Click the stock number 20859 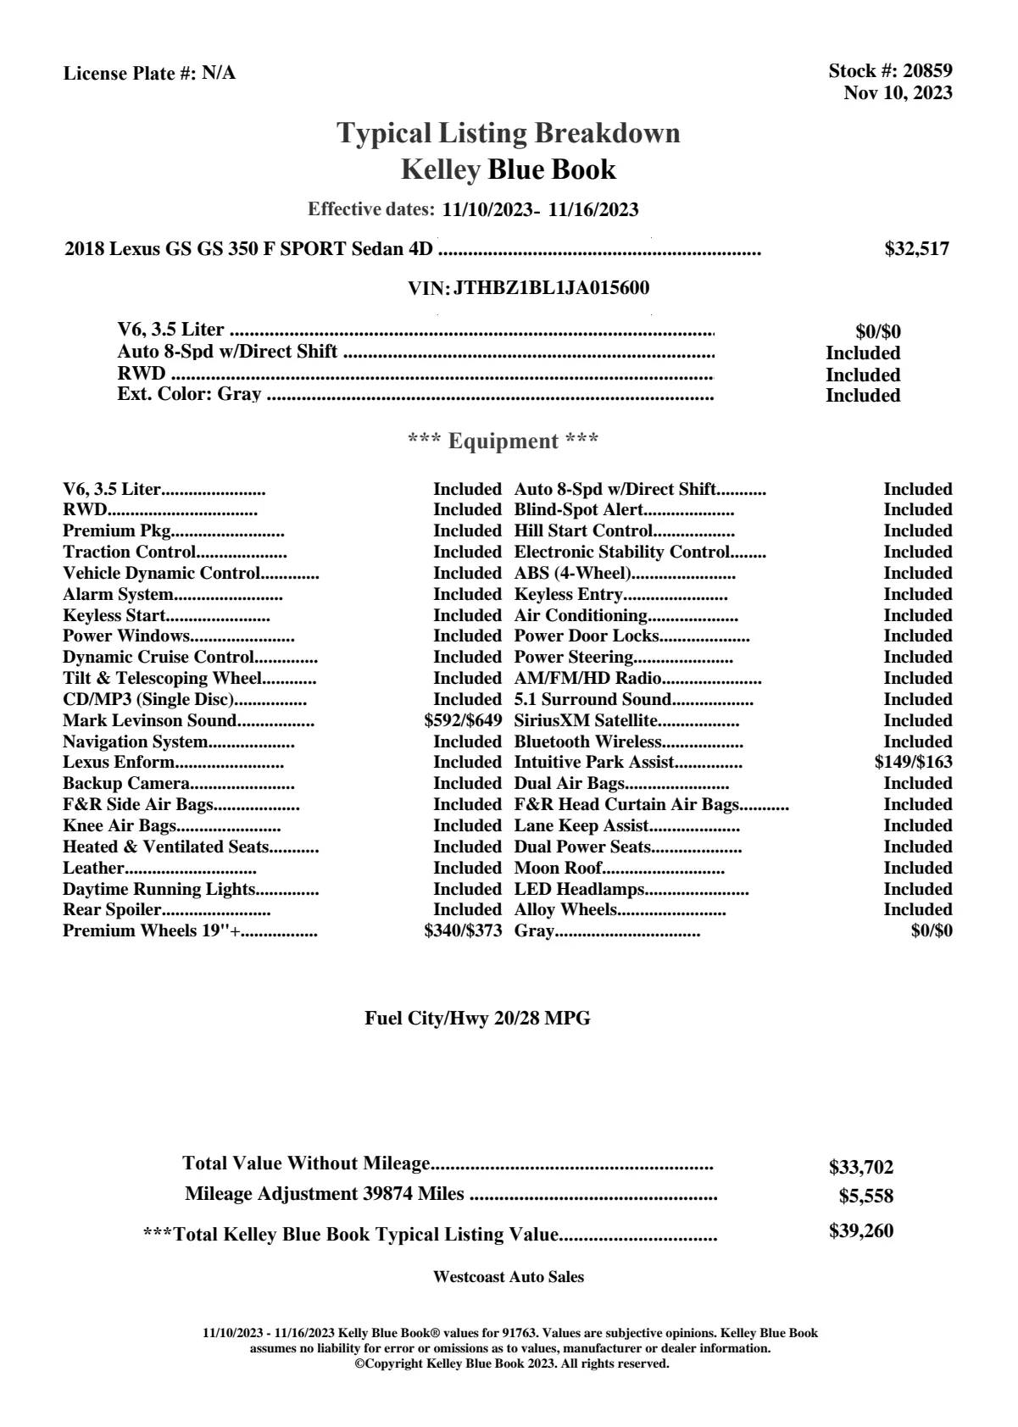tap(927, 71)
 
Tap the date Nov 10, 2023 tap(898, 93)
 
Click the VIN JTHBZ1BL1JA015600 tap(551, 288)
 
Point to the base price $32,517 tap(916, 249)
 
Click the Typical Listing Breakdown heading tap(509, 133)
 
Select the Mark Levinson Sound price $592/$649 tap(463, 721)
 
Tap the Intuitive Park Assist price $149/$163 tap(913, 762)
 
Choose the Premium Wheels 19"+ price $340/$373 tap(463, 931)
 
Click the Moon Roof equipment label tap(558, 868)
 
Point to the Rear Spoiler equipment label tap(112, 910)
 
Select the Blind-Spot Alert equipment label tap(579, 510)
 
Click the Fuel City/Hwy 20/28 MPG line tap(477, 1019)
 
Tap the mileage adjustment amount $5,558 tap(865, 1197)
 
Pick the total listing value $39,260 tap(860, 1231)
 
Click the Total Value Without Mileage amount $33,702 tap(860, 1168)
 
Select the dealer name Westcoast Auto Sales tap(508, 1277)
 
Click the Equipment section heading tap(503, 441)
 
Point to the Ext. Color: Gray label tap(189, 394)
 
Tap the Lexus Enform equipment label tap(118, 762)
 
